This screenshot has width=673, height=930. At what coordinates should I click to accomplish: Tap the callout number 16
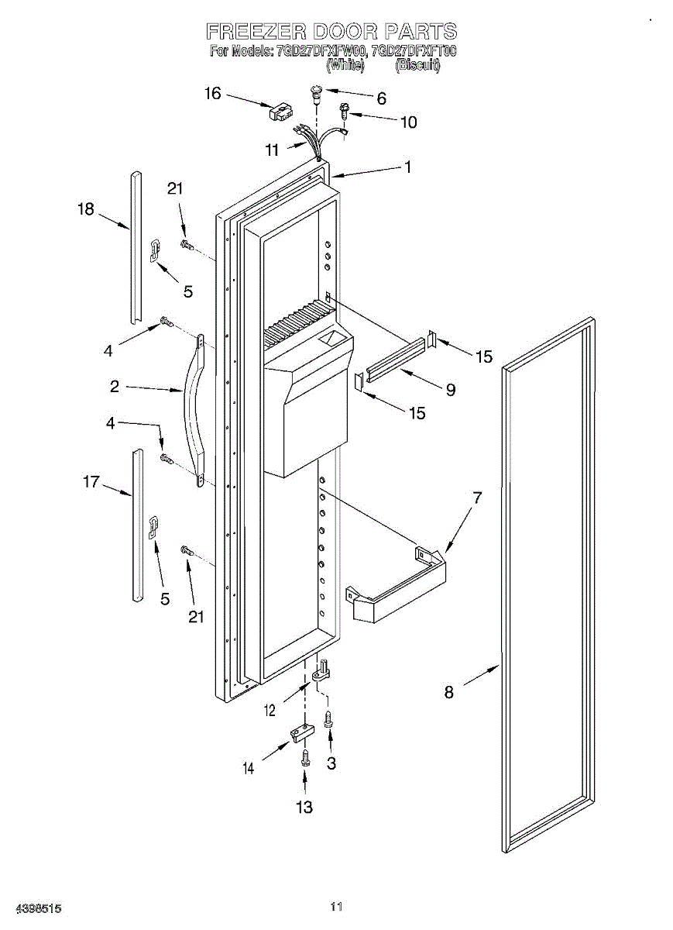212,94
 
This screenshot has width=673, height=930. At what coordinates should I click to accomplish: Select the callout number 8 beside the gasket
448,692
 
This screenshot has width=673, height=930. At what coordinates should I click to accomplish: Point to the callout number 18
85,208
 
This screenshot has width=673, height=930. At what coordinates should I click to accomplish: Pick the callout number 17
91,482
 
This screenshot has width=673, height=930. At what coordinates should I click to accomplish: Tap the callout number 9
450,390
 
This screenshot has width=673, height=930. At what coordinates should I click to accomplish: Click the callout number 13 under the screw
304,807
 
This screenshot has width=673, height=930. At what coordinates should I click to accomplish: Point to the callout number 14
248,769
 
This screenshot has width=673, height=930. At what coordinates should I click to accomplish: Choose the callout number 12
270,710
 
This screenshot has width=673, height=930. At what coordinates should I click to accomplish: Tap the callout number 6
381,98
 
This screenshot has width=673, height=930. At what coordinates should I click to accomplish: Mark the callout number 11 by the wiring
271,150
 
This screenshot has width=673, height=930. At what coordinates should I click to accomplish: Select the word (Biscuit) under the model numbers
417,66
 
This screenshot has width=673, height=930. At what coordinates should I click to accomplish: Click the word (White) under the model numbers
345,66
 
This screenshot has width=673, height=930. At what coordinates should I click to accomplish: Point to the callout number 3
331,763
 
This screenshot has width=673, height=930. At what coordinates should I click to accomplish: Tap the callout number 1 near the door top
407,167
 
